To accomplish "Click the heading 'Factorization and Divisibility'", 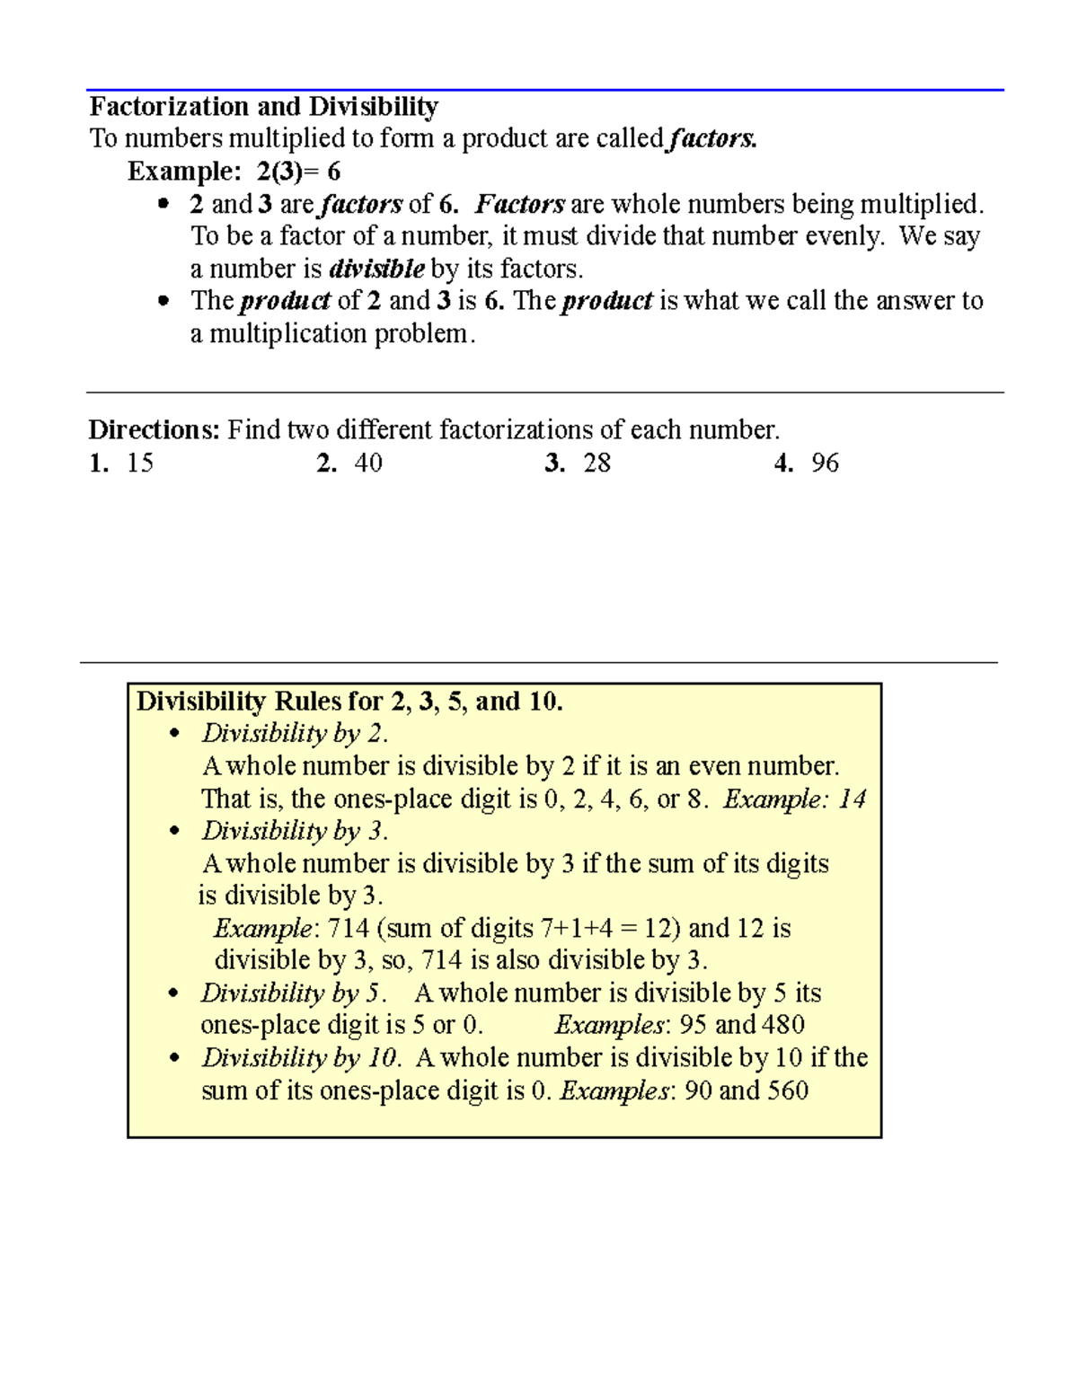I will tap(263, 107).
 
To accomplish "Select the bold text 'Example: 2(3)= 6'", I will tap(234, 171).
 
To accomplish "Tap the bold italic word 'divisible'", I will tap(377, 269).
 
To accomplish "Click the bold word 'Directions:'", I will tap(154, 430).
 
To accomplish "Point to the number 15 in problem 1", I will tap(140, 464).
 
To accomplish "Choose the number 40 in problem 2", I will tap(368, 464).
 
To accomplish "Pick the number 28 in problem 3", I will tap(596, 464).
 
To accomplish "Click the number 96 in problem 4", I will tap(825, 464).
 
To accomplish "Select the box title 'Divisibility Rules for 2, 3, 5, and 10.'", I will tap(349, 702).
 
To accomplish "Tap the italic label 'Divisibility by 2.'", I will tap(295, 734).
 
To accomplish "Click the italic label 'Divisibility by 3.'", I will tap(295, 831).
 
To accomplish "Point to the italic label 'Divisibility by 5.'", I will tap(294, 993).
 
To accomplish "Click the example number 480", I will tap(782, 1025).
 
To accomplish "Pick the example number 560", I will tap(787, 1090).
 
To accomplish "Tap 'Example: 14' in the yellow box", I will tap(794, 799).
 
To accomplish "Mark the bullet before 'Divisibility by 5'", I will tap(174, 994).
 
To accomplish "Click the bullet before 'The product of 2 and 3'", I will tap(163, 302).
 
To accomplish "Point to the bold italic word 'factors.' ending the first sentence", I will tap(713, 139).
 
